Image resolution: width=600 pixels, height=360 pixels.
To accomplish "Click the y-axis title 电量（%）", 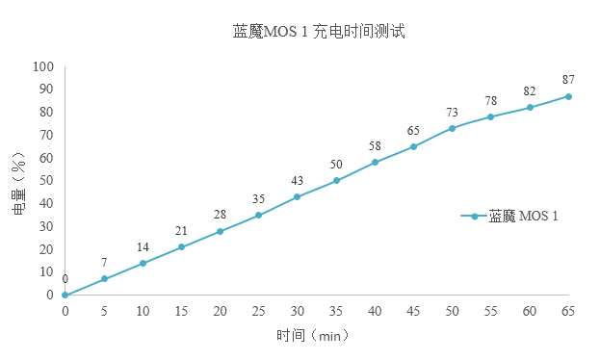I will tap(18, 182).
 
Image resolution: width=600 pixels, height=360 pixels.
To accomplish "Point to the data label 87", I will tap(569, 79).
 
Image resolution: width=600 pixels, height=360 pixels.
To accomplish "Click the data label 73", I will tap(452, 112).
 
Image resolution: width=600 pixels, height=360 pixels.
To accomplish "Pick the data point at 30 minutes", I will tap(298, 196).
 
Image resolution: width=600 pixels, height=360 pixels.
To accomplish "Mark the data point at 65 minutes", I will tap(569, 96).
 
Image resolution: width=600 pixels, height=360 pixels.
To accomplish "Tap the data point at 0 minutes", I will tap(65, 295).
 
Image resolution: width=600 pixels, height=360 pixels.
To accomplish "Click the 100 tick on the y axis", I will tap(44, 66).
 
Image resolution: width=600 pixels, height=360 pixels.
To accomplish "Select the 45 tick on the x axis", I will tap(413, 311).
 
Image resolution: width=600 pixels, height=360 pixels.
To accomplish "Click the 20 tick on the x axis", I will tap(220, 311).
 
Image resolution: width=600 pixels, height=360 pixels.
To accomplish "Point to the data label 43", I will tap(298, 180).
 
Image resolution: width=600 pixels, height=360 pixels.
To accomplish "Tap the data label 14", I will tap(143, 246).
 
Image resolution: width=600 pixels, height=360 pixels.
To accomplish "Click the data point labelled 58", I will tap(375, 163).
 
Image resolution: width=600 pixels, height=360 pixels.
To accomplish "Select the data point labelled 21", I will tap(181, 246).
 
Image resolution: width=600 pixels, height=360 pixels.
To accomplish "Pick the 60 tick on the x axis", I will tap(530, 311).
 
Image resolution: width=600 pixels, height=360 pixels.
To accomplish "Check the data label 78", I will tap(491, 100).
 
